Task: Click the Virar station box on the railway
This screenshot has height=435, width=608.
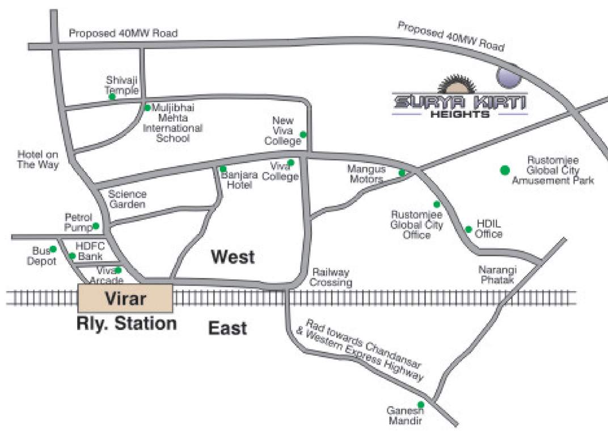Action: point(125,298)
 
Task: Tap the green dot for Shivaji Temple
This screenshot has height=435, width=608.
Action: point(112,96)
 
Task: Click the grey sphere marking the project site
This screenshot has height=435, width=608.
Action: point(507,76)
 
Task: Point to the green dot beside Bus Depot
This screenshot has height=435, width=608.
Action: point(53,249)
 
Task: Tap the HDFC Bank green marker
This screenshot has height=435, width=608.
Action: point(73,257)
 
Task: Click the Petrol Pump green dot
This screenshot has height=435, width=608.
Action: point(96,226)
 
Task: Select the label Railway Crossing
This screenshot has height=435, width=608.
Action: point(331,278)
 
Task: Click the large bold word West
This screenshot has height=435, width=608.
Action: point(233,257)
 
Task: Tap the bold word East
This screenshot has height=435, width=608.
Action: point(227,328)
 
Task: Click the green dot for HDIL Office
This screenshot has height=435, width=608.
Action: point(468,229)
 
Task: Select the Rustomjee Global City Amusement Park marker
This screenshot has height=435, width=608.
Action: point(504,169)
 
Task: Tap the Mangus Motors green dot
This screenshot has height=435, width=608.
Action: point(402,173)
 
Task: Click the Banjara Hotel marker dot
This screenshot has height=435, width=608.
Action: point(223,169)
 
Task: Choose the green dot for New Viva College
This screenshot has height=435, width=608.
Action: point(303,134)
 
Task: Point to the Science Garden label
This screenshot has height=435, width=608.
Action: point(128,199)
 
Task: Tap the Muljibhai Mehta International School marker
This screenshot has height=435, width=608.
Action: point(147,108)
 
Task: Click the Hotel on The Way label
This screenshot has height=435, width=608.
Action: point(38,159)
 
